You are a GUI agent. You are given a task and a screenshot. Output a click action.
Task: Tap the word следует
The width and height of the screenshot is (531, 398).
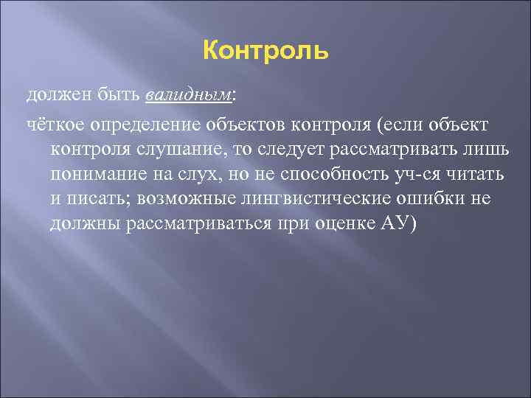[x=279, y=150]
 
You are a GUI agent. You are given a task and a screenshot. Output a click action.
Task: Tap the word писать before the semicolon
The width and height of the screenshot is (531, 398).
[x=97, y=199]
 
